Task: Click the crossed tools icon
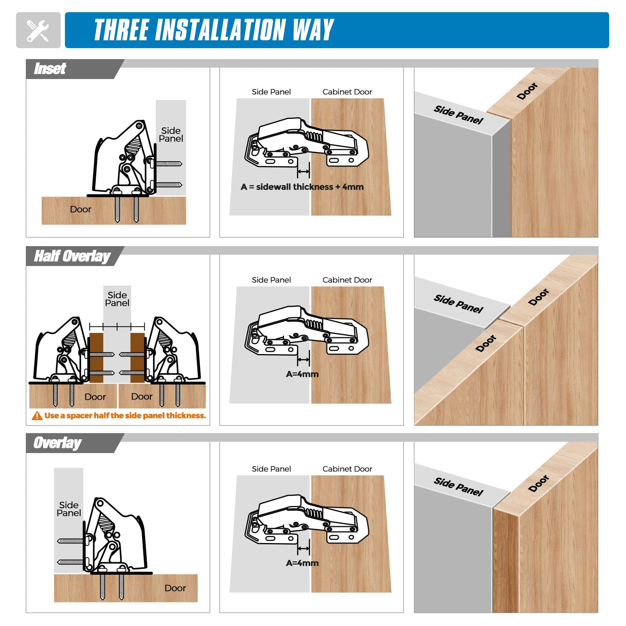(x=38, y=31)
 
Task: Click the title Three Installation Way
(x=214, y=30)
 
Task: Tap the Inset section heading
(x=50, y=69)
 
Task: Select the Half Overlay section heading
(x=72, y=256)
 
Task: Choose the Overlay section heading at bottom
(x=58, y=443)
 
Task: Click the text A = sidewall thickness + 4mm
(x=302, y=187)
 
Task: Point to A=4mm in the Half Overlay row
(x=302, y=374)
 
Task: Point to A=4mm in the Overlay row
(x=302, y=563)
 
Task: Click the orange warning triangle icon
(x=37, y=416)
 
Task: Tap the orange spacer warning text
(x=125, y=416)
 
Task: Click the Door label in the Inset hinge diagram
(x=81, y=209)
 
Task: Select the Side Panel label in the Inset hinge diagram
(x=171, y=135)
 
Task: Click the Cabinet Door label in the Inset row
(x=347, y=92)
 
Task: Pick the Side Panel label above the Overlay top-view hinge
(x=271, y=469)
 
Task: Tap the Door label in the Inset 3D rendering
(x=527, y=91)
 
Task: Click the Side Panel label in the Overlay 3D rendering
(x=459, y=487)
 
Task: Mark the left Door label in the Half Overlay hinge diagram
(x=95, y=397)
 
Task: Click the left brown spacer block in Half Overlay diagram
(x=96, y=358)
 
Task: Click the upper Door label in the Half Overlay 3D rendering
(x=539, y=297)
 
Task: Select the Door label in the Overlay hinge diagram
(x=175, y=588)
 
